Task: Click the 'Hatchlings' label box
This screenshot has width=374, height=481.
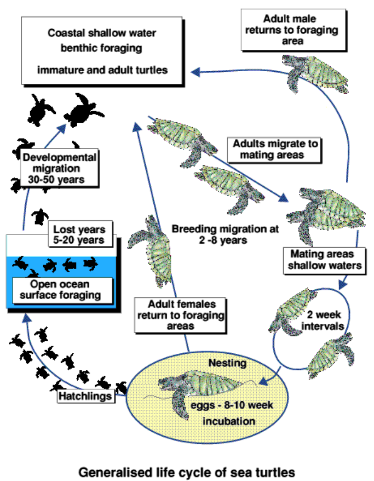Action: click(86, 396)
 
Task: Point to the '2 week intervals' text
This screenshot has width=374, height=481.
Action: click(325, 320)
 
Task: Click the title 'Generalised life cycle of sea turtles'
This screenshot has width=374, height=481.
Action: click(187, 471)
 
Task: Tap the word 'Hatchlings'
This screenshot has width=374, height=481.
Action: click(86, 396)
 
